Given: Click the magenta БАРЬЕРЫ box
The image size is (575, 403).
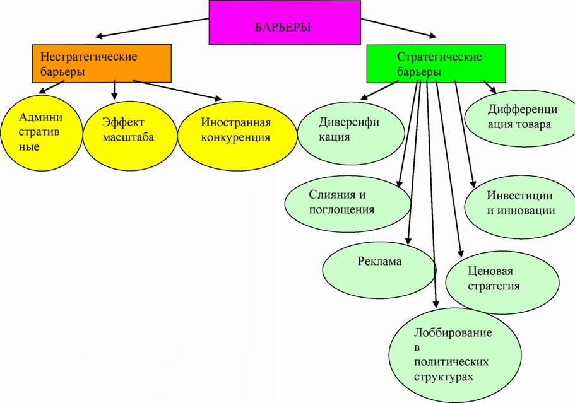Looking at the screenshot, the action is pyautogui.click(x=285, y=23).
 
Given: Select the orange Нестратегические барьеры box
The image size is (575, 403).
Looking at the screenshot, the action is pyautogui.click(x=102, y=63).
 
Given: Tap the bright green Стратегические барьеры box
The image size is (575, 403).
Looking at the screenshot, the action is pyautogui.click(x=436, y=64).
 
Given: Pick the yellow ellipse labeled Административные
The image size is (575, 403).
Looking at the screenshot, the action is pyautogui.click(x=42, y=132).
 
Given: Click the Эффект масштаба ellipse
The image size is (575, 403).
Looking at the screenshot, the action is pyautogui.click(x=130, y=135).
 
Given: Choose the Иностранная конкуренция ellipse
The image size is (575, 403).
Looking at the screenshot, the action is pyautogui.click(x=237, y=136).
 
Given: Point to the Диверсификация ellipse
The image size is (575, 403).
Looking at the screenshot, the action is pyautogui.click(x=351, y=133).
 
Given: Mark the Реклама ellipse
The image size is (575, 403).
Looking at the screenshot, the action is pyautogui.click(x=379, y=270).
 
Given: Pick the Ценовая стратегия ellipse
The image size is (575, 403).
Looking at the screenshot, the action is pyautogui.click(x=502, y=282).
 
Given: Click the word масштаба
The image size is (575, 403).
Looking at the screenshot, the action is pyautogui.click(x=128, y=137).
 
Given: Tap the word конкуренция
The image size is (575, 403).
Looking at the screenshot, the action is pyautogui.click(x=235, y=138).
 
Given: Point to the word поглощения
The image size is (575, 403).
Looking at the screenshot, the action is pyautogui.click(x=341, y=210).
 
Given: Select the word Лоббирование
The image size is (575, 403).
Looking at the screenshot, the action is pyautogui.click(x=453, y=332).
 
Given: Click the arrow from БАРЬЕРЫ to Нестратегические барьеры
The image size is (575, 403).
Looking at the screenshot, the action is pyautogui.click(x=152, y=28).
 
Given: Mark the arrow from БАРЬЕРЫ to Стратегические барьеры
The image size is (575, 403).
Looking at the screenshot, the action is pyautogui.click(x=399, y=28).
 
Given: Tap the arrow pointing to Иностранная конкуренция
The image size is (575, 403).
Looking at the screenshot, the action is pyautogui.click(x=177, y=90).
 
